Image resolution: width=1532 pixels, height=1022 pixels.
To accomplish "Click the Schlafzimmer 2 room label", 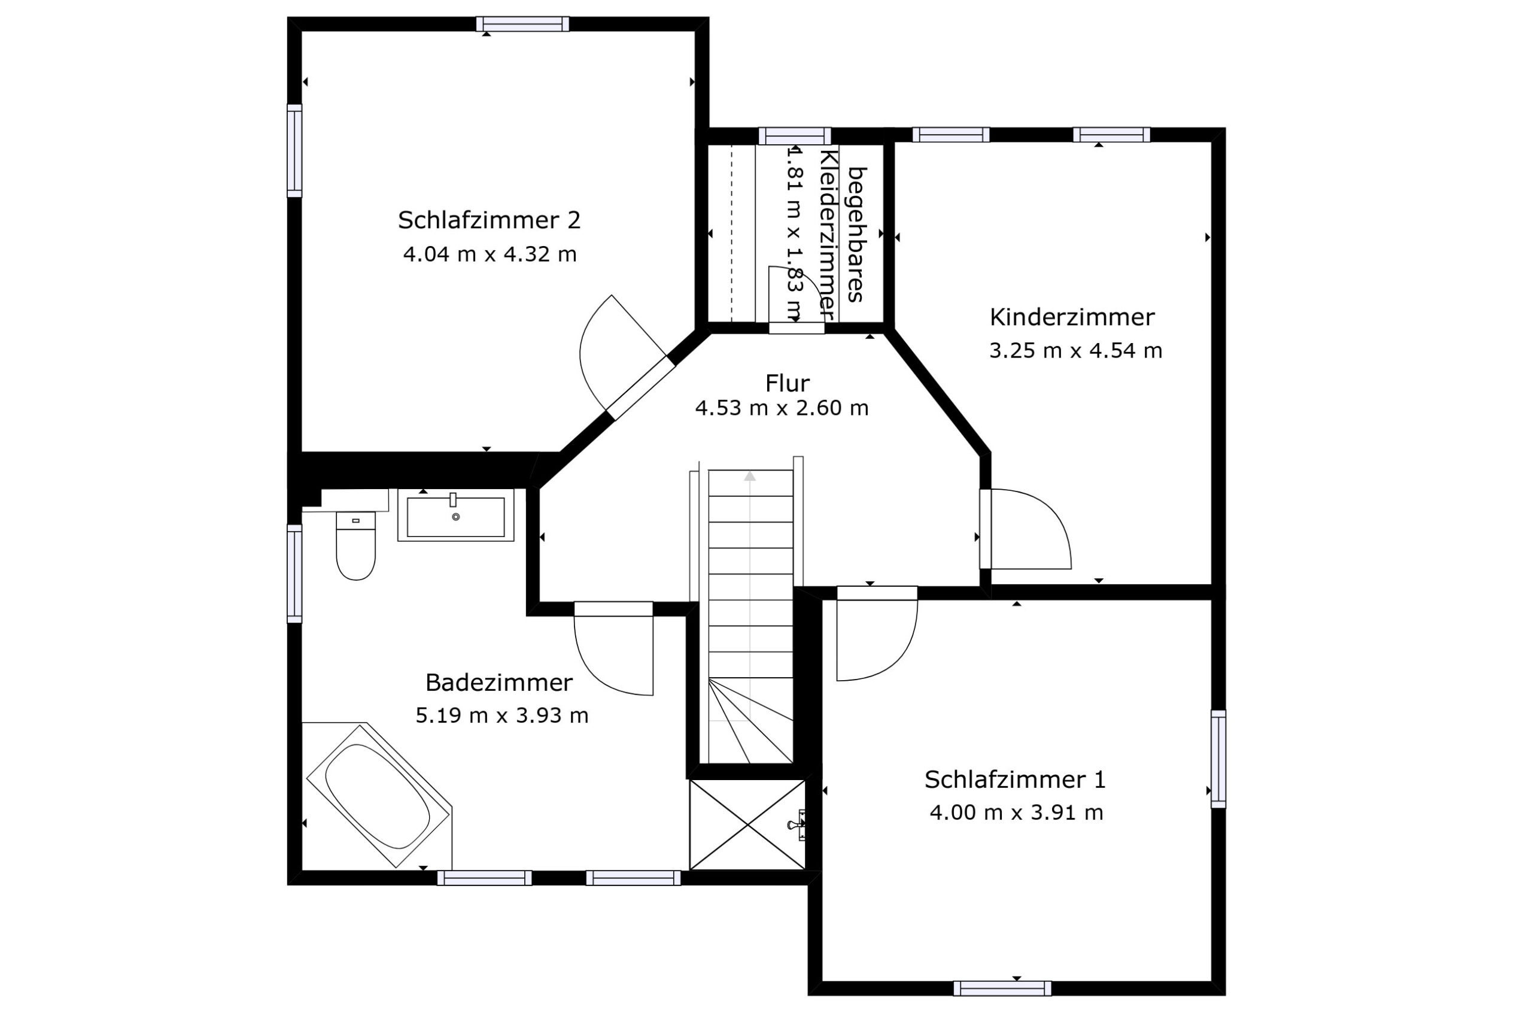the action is click(x=489, y=220).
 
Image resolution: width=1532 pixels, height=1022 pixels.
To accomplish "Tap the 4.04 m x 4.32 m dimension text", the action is click(x=490, y=254).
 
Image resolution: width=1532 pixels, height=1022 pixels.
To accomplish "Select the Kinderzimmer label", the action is click(x=1072, y=317).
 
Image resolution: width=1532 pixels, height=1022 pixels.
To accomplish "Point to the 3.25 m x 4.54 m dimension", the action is click(x=1075, y=351).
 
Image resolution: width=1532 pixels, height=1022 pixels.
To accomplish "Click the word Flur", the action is click(x=788, y=383).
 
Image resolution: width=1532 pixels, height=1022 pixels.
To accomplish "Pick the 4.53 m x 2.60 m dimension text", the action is click(x=782, y=408).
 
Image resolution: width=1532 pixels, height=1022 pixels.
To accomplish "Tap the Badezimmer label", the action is click(x=499, y=683).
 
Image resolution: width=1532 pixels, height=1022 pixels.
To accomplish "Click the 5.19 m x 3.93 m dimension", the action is click(x=502, y=715).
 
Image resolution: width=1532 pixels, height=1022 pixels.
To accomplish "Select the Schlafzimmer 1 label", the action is click(x=1016, y=780).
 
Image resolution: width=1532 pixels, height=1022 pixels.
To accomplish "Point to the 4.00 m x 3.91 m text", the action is click(x=1016, y=813).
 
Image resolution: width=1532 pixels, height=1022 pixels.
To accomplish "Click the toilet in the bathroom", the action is click(x=355, y=545).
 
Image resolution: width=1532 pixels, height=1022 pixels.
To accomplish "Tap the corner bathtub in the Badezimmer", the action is click(x=378, y=795).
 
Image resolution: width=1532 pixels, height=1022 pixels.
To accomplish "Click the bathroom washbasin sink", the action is click(x=456, y=515).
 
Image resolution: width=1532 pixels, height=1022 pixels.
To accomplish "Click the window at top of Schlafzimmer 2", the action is click(x=522, y=24).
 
